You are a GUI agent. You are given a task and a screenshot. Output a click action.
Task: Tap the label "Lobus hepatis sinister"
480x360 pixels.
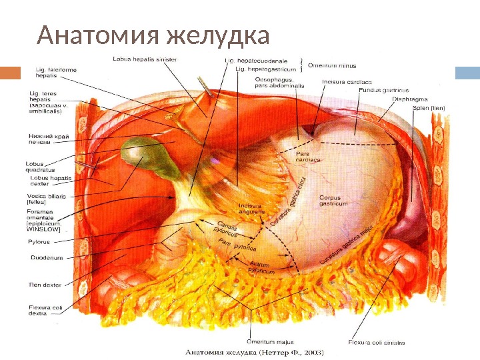144,59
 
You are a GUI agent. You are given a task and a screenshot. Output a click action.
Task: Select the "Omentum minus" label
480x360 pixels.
331,65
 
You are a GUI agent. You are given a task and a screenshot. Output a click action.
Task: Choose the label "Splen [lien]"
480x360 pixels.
428,108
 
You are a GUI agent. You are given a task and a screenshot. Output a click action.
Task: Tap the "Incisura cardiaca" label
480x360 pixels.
342,82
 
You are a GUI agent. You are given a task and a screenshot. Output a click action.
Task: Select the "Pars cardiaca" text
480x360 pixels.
307,156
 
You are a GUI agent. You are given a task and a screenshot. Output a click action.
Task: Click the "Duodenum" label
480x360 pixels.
47,257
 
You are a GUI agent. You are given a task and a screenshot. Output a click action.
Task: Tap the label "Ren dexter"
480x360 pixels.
45,285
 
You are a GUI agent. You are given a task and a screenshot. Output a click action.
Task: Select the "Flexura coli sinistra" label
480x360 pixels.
376,343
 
